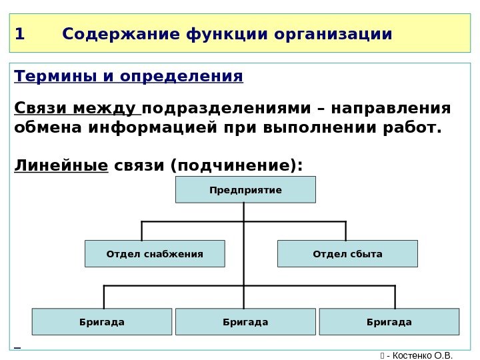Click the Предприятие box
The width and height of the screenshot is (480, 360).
[245, 190]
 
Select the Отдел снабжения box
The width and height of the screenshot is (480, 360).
[155, 254]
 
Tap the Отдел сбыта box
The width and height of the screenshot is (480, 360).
[347, 254]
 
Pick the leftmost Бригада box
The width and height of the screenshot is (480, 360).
[102, 322]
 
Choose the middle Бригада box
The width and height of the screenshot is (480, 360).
[245, 322]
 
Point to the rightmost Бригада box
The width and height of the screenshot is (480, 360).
[389, 322]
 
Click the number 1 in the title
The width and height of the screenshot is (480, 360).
[19, 33]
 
